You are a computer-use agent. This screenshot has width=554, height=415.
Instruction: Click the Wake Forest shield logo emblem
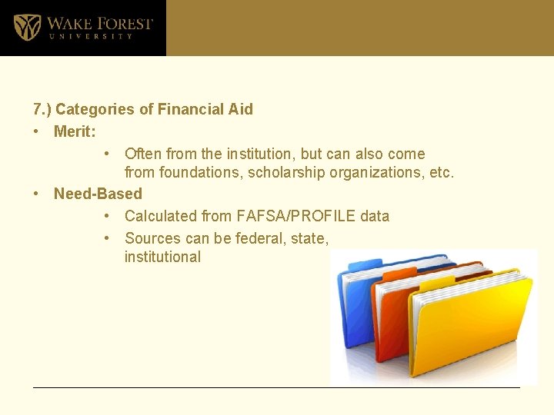click(x=27, y=28)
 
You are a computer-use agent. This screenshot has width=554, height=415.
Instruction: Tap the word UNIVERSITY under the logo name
click(x=90, y=36)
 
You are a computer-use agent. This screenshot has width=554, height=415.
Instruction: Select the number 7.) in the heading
click(x=42, y=109)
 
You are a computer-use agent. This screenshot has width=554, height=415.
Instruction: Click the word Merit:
click(x=75, y=131)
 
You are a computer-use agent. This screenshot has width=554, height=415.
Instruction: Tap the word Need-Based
click(x=98, y=194)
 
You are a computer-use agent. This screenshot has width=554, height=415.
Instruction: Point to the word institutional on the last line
click(x=162, y=257)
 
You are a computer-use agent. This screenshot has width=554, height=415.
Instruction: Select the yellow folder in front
click(x=477, y=330)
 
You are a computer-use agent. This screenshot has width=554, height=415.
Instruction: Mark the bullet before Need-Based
click(x=37, y=194)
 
